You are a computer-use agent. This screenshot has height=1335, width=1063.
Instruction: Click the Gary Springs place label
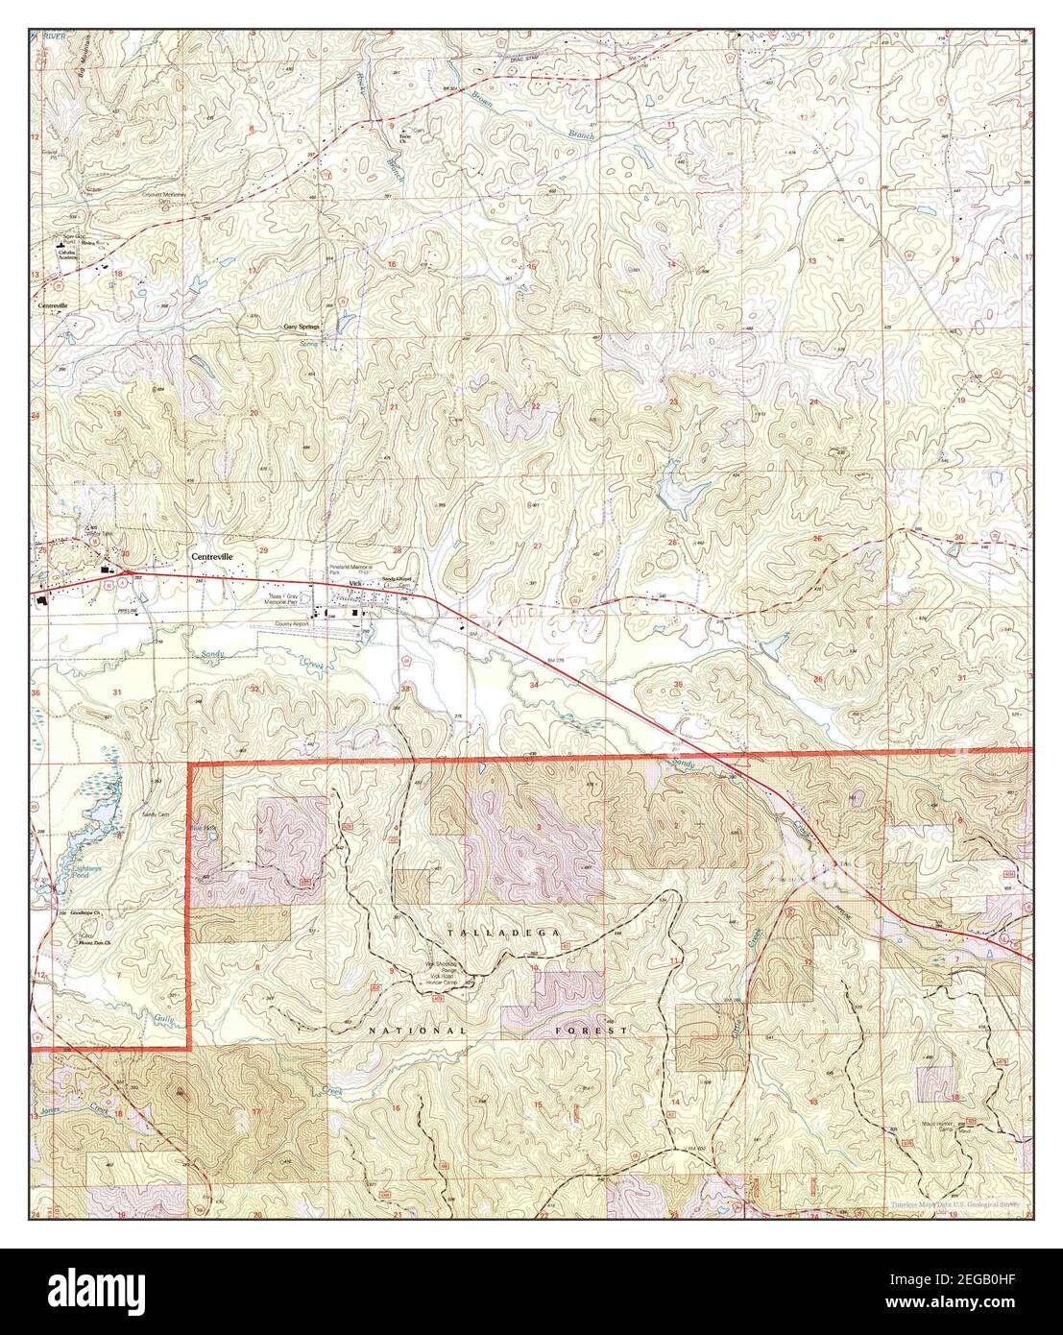coord(301,327)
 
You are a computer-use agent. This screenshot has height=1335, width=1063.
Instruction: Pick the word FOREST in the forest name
coord(592,1030)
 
